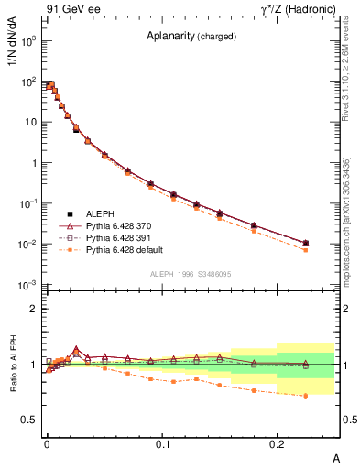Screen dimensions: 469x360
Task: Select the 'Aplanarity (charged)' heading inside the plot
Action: pyautogui.click(x=191, y=37)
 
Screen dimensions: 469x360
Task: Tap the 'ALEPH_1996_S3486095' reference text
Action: pyautogui.click(x=189, y=274)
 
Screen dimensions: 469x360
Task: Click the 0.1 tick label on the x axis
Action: pyautogui.click(x=163, y=442)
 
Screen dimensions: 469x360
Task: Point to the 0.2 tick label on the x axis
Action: pyautogui.click(x=278, y=442)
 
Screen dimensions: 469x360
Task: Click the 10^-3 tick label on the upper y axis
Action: pyautogui.click(x=28, y=285)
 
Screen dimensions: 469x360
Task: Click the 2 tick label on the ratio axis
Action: pyautogui.click(x=34, y=309)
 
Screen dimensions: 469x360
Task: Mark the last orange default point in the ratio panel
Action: pyautogui.click(x=305, y=396)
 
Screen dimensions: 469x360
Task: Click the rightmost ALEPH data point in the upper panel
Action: pyautogui.click(x=305, y=243)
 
